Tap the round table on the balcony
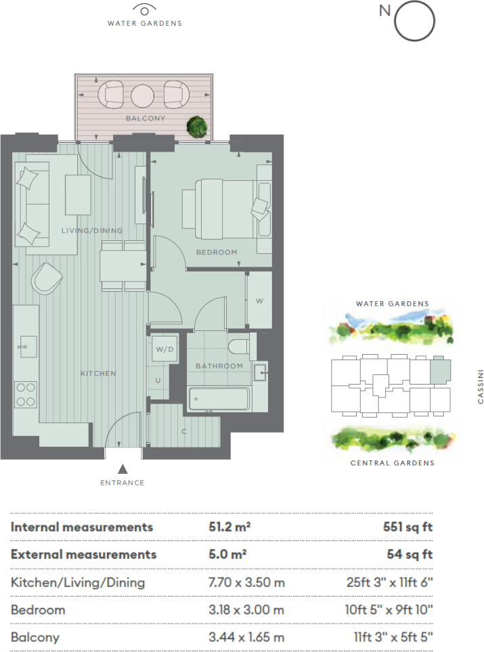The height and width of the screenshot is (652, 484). (x=143, y=95)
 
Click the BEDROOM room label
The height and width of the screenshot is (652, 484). (x=217, y=253)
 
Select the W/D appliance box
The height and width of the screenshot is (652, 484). (x=164, y=350)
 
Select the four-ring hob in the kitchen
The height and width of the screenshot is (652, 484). (x=26, y=394)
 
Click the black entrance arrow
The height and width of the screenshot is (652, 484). (x=123, y=469)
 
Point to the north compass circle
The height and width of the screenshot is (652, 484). (x=414, y=21)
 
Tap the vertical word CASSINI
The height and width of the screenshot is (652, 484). (x=480, y=386)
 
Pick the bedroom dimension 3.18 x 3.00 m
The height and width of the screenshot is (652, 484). (x=246, y=610)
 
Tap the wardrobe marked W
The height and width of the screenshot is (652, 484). (x=259, y=300)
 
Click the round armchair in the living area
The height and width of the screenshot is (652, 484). (x=47, y=277)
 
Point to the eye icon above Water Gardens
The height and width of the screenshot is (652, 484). (x=144, y=9)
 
